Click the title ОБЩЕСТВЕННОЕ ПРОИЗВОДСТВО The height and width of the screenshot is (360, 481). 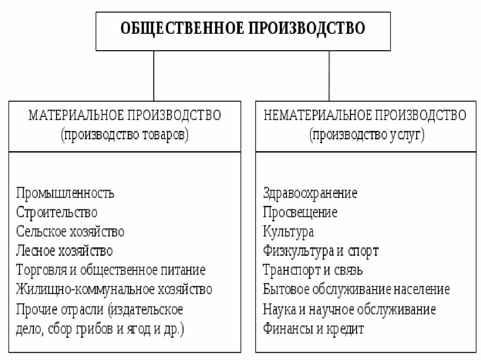point(243,29)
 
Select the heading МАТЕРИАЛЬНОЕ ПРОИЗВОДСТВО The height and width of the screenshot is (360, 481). point(124,115)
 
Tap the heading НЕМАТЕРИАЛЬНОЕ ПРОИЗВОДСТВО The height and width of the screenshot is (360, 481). point(365,115)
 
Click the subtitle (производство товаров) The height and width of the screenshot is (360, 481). point(124,135)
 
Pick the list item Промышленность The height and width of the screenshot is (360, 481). point(65,193)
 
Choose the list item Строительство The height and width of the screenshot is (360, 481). point(57,212)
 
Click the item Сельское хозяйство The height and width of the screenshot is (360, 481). point(70,231)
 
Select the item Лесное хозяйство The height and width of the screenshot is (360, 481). point(64,251)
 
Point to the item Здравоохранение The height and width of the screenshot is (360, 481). point(310,193)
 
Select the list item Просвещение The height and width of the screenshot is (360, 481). point(300,212)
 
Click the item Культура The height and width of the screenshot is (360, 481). point(288,231)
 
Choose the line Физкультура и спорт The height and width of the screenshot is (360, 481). point(321,251)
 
